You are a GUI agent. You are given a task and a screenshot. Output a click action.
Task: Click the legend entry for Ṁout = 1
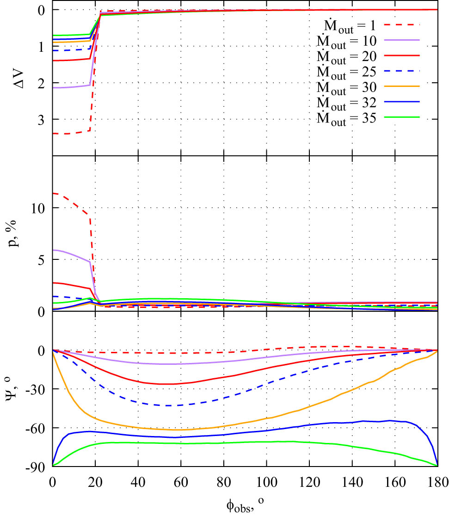tap(347, 24)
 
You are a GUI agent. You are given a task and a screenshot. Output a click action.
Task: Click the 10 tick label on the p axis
tap(39, 208)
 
